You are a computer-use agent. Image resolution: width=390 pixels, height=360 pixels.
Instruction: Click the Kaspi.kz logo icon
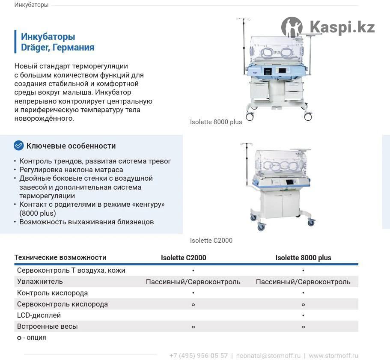click(292, 27)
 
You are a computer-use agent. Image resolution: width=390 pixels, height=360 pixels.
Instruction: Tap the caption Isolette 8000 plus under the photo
click(216, 122)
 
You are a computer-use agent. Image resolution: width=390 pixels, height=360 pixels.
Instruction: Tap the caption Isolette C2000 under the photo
click(211, 241)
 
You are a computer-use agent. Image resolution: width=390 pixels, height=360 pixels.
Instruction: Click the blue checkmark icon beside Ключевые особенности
click(19, 146)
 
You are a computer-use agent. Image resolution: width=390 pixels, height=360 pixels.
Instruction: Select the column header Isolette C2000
click(183, 258)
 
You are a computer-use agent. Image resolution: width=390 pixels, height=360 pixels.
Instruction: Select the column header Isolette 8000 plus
click(303, 258)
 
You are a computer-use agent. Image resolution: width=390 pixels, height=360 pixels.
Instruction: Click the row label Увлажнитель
click(40, 282)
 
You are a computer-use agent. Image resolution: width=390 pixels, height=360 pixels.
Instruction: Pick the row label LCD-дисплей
click(39, 315)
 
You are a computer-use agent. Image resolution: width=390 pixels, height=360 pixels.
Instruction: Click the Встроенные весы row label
click(48, 326)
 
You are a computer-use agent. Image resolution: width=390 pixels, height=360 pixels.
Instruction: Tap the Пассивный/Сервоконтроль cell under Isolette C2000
click(193, 282)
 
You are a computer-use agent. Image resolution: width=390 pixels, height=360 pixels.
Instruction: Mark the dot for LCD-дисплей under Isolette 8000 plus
click(303, 315)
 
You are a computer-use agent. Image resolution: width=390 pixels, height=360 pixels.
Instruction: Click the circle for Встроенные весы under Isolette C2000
click(193, 327)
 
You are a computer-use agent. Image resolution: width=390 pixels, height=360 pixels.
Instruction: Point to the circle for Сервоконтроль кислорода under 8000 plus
click(303, 304)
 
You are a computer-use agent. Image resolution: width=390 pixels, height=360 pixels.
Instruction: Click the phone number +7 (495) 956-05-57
click(199, 356)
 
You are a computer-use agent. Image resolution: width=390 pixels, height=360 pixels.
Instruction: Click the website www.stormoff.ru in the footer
click(333, 356)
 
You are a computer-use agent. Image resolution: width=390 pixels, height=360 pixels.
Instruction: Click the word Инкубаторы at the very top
click(31, 5)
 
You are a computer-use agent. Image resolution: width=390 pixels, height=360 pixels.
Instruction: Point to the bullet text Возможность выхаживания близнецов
click(86, 222)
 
